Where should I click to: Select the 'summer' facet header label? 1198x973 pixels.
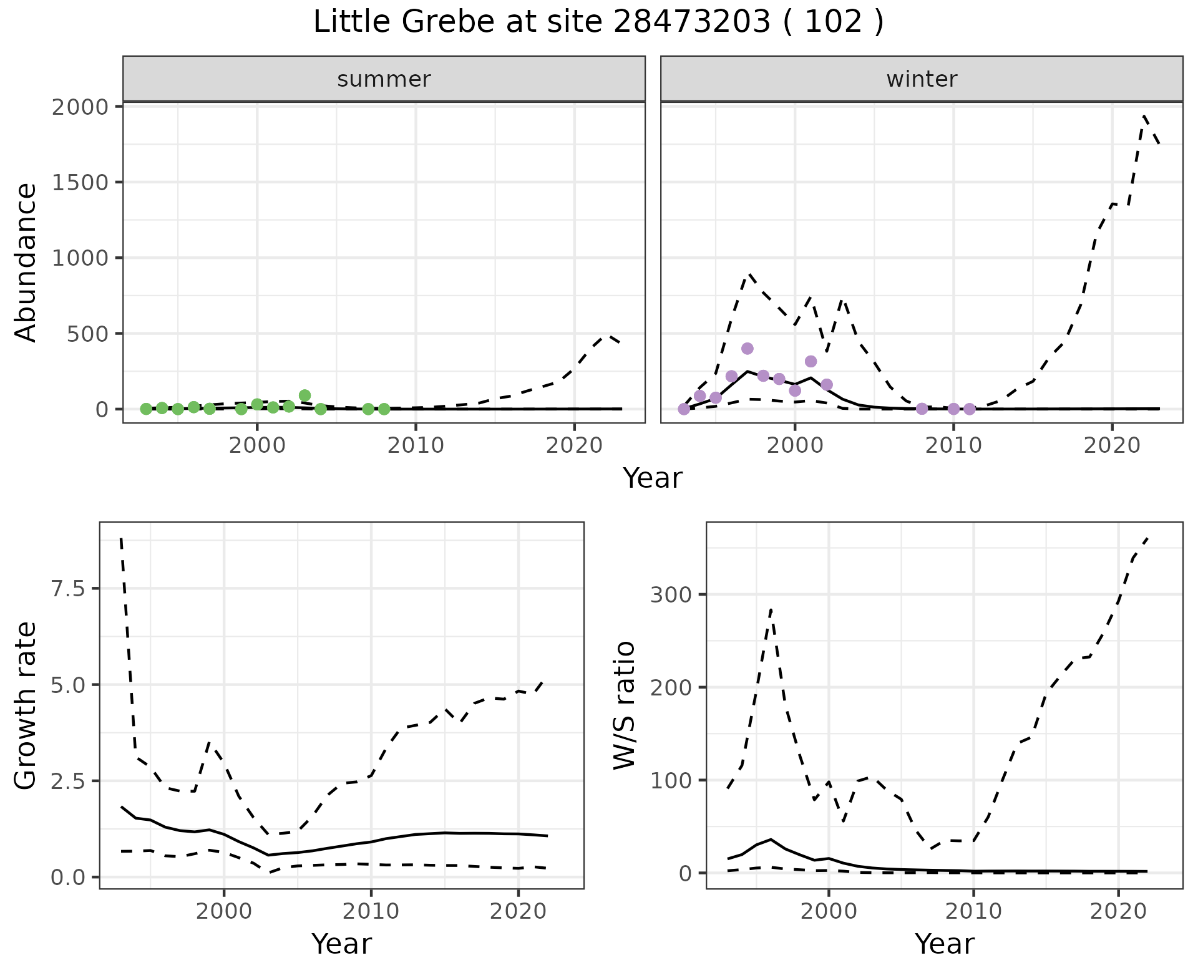(384, 79)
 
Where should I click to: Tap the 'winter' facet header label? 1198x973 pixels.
(922, 79)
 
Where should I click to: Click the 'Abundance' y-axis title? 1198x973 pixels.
(26, 262)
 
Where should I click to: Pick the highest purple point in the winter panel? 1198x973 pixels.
(748, 348)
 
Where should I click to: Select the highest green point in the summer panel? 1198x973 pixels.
(304, 395)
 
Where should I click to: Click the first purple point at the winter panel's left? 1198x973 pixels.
(684, 409)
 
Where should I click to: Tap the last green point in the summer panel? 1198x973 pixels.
(384, 409)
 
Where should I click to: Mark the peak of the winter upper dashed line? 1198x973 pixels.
(1144, 116)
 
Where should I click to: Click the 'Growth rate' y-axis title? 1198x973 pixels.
(26, 706)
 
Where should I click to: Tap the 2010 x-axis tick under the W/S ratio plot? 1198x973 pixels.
(973, 911)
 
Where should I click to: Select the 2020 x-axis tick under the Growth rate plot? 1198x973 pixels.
(518, 911)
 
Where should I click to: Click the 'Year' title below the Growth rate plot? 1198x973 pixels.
(341, 944)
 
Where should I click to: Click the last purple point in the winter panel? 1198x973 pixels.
(969, 409)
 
